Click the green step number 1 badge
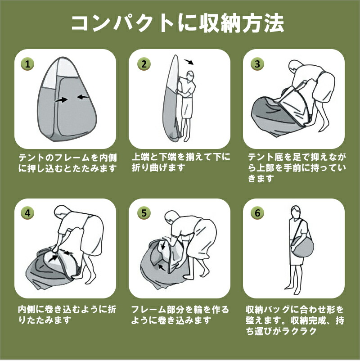27,64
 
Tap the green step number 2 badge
144,64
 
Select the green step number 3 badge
257,64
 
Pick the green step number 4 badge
27,213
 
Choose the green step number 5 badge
144,213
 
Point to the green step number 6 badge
257,213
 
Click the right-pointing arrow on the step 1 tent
62,99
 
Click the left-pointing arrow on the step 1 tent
83,97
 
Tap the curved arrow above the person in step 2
189,62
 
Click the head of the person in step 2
190,76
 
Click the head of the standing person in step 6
296,212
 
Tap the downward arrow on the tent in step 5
163,244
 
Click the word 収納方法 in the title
241,24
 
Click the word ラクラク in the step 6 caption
299,331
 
